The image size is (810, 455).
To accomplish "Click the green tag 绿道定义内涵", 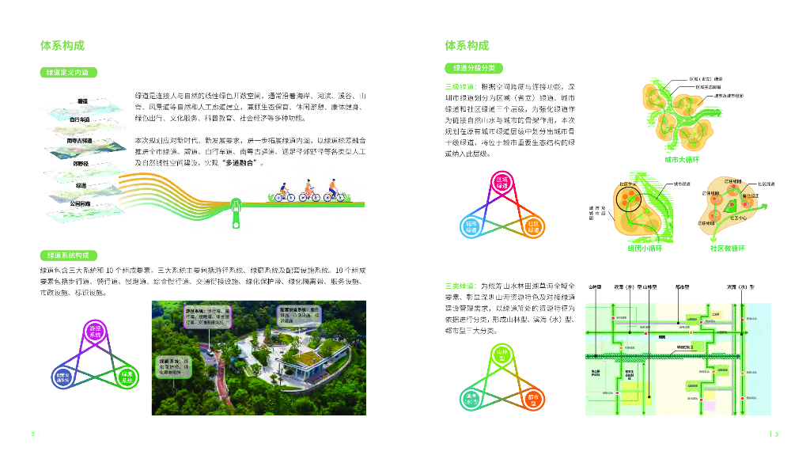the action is click(68, 72).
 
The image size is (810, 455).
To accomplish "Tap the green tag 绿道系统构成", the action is click(68, 256).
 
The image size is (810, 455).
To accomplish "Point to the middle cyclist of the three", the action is click(308, 193).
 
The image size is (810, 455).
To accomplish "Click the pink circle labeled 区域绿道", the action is click(501, 184).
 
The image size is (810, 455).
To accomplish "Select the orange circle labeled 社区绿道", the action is click(532, 226).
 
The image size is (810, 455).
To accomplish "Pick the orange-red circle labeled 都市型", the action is click(532, 398).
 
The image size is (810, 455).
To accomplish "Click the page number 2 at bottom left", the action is click(32, 434).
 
